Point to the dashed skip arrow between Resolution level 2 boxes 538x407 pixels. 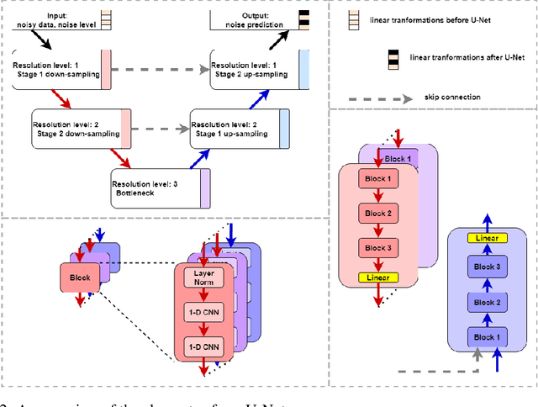pos(161,129)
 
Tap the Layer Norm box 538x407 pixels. pos(204,278)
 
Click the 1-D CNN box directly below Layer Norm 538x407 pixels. pos(204,312)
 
